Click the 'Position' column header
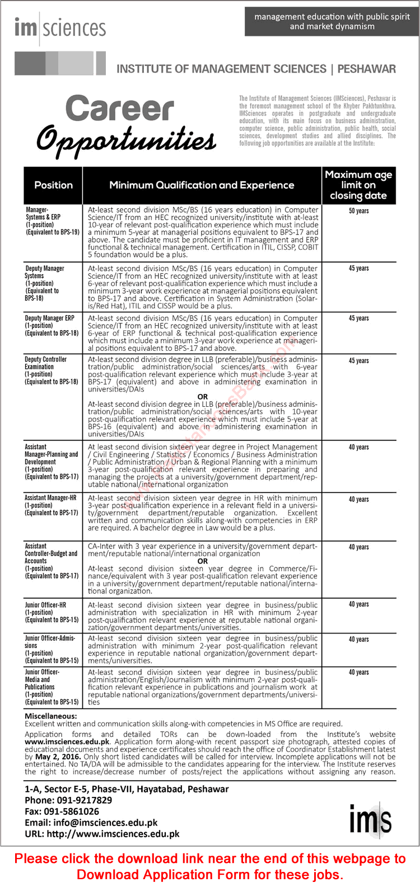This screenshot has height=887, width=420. [54, 185]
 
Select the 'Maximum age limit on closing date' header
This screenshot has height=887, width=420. [358, 185]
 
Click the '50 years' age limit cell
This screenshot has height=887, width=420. [359, 211]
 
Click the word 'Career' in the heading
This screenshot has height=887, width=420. [120, 109]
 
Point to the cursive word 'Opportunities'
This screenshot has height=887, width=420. [127, 139]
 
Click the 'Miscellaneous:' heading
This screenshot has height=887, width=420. [51, 716]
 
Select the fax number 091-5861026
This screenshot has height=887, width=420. [72, 811]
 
